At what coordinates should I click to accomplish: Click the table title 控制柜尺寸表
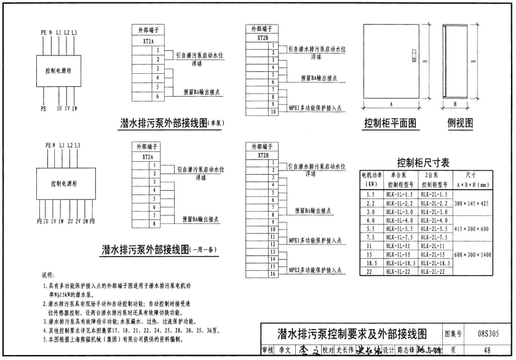pos(423,163)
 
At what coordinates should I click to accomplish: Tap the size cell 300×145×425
pos(472,203)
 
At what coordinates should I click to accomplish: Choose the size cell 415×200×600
pos(472,229)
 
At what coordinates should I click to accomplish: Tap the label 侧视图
pos(461,122)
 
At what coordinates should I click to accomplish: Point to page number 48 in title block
pos(487,351)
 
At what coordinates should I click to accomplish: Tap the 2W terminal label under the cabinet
pos(85,220)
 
